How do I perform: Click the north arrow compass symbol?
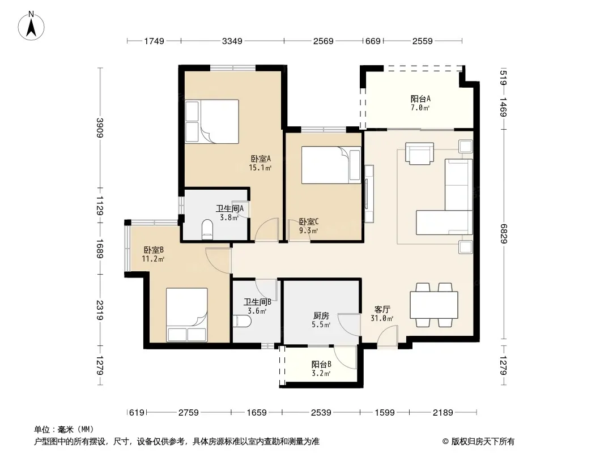31,26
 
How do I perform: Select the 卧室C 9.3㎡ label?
309,226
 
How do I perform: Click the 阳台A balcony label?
420,103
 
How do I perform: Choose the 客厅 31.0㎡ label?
382,314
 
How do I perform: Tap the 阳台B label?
321,368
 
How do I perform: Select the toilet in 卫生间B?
243,320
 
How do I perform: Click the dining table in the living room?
434,305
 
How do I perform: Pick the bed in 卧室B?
187,315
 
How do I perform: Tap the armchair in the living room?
419,153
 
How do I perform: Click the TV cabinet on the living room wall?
369,194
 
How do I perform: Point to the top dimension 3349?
232,41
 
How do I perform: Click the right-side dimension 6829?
503,234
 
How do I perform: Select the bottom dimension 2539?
321,413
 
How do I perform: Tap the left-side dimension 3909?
100,127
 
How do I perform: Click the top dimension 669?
373,41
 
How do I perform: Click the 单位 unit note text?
64,429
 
